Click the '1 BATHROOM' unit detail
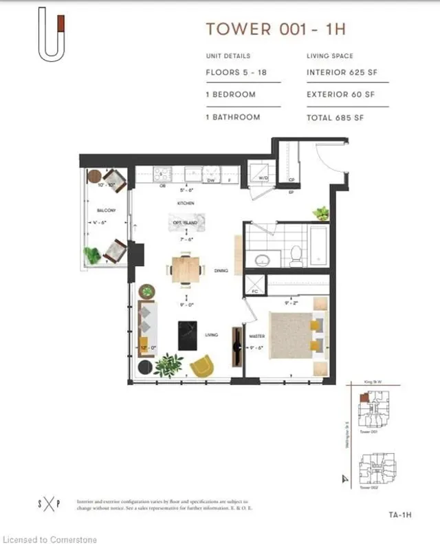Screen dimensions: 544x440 tap(233, 118)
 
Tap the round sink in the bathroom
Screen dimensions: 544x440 tap(263, 260)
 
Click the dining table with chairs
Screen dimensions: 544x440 tap(186, 268)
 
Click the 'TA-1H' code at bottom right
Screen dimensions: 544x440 tap(393, 514)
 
